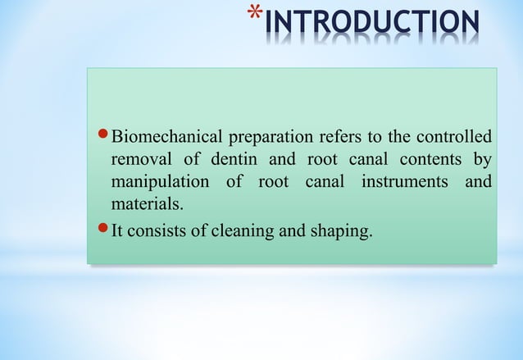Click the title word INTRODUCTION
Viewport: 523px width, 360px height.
coord(373,23)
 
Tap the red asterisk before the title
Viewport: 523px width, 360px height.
coord(256,18)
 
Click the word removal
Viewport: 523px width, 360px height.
coord(140,159)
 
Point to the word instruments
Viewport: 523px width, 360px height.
coord(401,181)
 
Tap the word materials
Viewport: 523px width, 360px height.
coord(144,203)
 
